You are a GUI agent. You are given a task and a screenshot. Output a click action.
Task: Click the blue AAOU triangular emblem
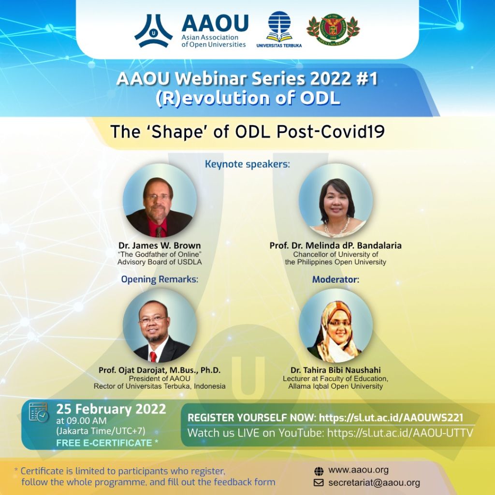pyautogui.click(x=153, y=31)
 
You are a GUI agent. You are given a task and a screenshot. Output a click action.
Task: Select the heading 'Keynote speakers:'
pyautogui.click(x=247, y=164)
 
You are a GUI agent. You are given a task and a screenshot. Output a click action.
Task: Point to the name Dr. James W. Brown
pyautogui.click(x=160, y=245)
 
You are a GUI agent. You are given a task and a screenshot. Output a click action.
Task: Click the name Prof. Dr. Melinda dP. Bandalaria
pyautogui.click(x=335, y=245)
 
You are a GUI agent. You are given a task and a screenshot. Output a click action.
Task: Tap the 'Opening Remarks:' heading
pyautogui.click(x=160, y=279)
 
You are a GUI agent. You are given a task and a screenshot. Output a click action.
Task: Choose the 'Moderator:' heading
pyautogui.click(x=335, y=279)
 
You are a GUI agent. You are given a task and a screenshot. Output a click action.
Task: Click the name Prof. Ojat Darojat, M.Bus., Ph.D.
pyautogui.click(x=160, y=370)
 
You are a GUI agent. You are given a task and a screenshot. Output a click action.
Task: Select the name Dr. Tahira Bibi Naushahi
pyautogui.click(x=335, y=370)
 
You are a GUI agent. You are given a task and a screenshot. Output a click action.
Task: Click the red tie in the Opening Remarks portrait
pyautogui.click(x=153, y=357)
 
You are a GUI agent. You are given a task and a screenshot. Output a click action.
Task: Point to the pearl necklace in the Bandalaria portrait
pyautogui.click(x=337, y=227)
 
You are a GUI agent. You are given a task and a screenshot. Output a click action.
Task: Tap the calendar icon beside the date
pyautogui.click(x=39, y=412)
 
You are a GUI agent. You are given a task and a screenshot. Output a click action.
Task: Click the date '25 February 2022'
pyautogui.click(x=111, y=409)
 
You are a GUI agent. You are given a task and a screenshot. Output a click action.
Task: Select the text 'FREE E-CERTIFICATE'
pyautogui.click(x=104, y=443)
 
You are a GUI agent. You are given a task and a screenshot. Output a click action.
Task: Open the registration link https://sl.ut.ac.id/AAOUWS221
pyautogui.click(x=394, y=418)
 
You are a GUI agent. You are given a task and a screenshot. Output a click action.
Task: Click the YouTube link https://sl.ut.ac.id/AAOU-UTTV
pyautogui.click(x=400, y=433)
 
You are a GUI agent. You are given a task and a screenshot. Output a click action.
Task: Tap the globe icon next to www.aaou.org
pyautogui.click(x=319, y=470)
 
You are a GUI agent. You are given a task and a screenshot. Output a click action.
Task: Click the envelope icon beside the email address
pyautogui.click(x=319, y=483)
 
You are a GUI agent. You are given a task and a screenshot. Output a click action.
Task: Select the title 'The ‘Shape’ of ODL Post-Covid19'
pyautogui.click(x=247, y=132)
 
